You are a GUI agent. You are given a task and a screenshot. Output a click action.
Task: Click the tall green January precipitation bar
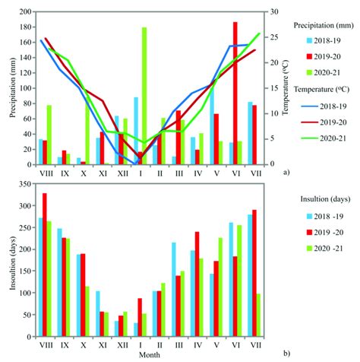tap(144, 95)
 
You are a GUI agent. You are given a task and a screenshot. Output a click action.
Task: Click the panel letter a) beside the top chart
tap(286, 173)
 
